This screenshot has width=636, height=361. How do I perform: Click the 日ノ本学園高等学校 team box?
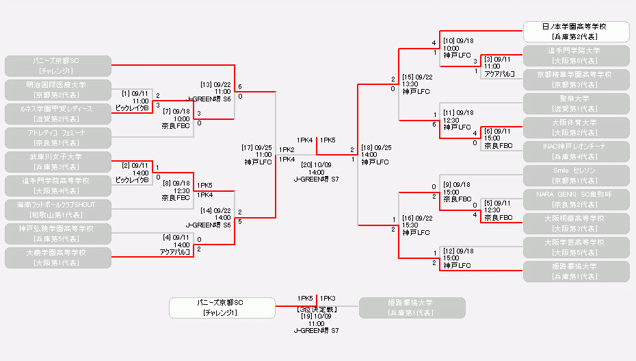click(x=577, y=32)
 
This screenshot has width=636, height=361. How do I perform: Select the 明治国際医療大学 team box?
click(x=57, y=90)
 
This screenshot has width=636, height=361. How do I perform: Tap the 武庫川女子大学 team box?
click(x=57, y=162)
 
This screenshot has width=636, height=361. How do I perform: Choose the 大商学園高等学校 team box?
click(x=57, y=258)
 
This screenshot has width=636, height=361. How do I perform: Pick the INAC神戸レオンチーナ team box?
click(x=576, y=151)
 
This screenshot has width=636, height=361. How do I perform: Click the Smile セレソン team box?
click(x=576, y=175)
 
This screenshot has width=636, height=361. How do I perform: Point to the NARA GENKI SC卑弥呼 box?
click(x=576, y=199)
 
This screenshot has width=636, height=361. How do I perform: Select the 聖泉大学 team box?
click(x=576, y=103)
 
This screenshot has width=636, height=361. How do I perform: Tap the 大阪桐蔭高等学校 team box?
click(x=576, y=223)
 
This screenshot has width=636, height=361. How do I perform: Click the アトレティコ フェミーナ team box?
click(x=57, y=138)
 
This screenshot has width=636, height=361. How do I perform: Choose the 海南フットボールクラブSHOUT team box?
click(x=57, y=210)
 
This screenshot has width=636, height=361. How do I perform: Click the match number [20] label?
click(x=302, y=164)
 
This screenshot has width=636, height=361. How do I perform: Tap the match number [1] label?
click(x=127, y=93)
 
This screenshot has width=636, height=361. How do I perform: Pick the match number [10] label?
click(x=449, y=41)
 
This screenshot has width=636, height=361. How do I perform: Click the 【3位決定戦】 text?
click(x=316, y=309)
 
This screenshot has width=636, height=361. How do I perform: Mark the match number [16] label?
click(x=409, y=218)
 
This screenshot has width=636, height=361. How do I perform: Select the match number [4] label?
click(x=166, y=237)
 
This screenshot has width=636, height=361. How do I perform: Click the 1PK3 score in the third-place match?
click(x=328, y=299)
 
